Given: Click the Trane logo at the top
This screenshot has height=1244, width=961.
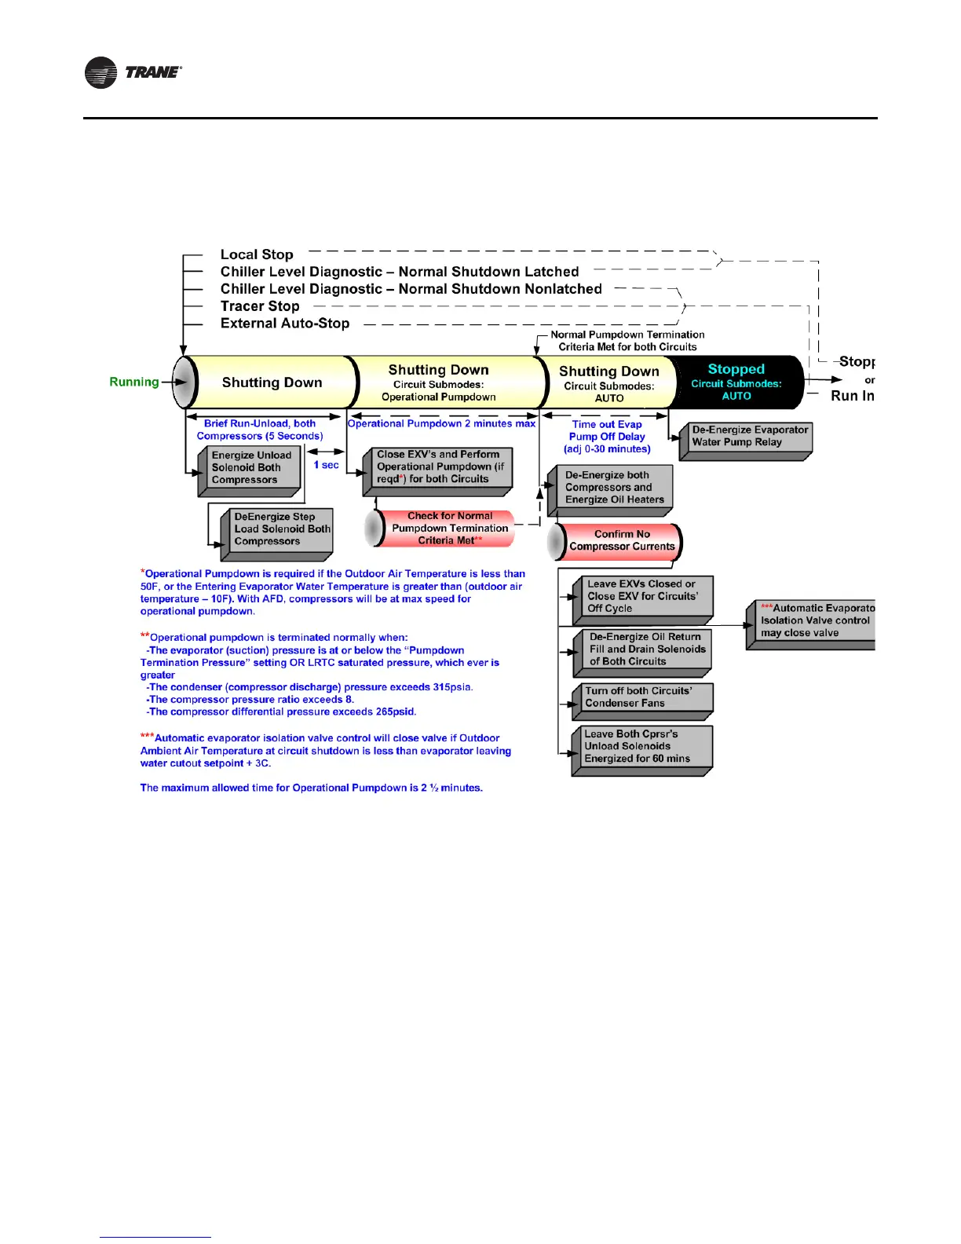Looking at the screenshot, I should [x=133, y=72].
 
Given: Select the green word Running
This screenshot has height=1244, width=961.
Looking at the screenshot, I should [x=134, y=382].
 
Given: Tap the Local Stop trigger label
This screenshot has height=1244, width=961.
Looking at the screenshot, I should [x=257, y=254].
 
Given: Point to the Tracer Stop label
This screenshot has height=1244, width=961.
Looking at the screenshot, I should [x=260, y=306].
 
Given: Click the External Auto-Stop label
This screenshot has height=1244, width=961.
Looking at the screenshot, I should [x=285, y=324].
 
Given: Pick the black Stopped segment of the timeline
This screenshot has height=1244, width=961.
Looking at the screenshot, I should [x=736, y=382].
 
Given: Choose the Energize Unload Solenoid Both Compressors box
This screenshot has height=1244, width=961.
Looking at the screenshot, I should [x=250, y=468].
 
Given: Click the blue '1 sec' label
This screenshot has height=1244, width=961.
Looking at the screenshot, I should [x=326, y=465].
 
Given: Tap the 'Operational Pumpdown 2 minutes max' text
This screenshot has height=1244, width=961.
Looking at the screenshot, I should [x=441, y=424].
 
